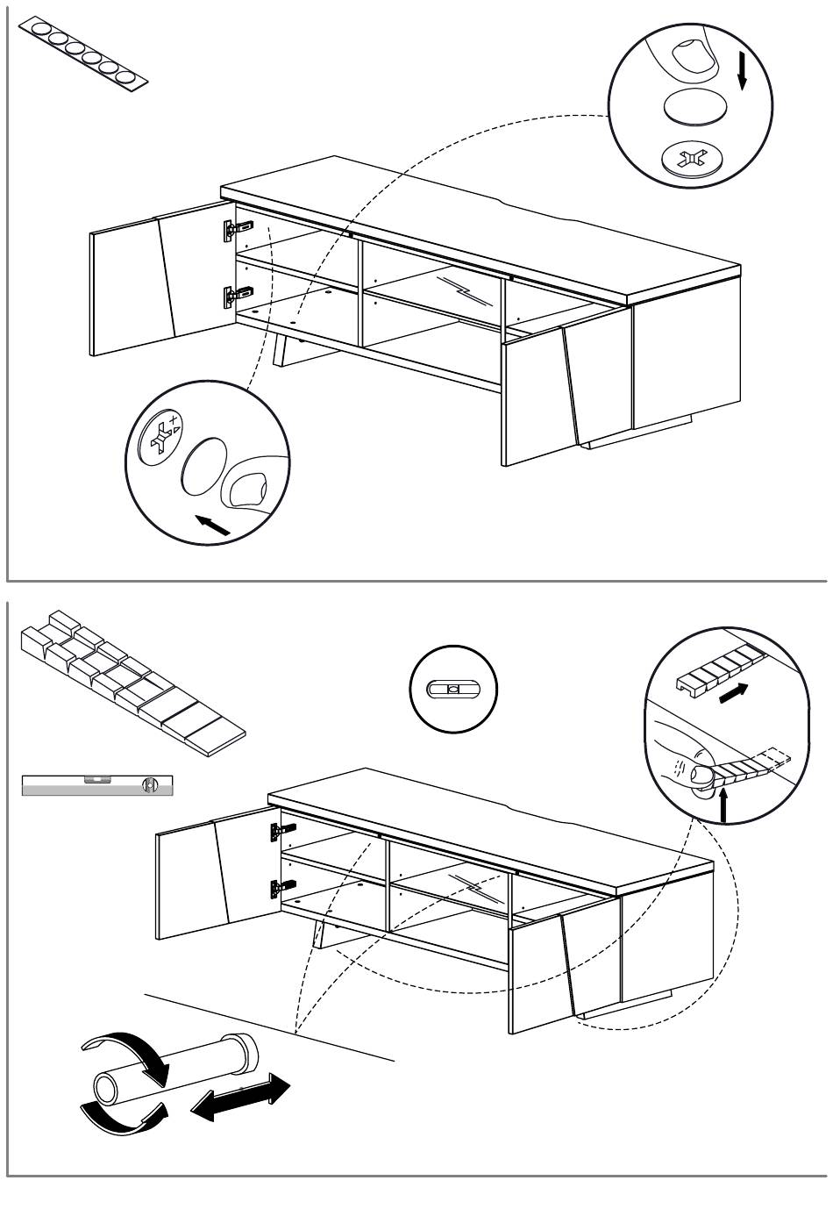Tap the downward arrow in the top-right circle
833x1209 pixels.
[742, 69]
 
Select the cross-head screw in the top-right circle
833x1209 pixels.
[693, 159]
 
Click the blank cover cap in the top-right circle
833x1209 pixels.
[695, 108]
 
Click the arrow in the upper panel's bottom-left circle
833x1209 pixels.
[212, 524]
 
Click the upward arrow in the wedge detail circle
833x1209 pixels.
[724, 803]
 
